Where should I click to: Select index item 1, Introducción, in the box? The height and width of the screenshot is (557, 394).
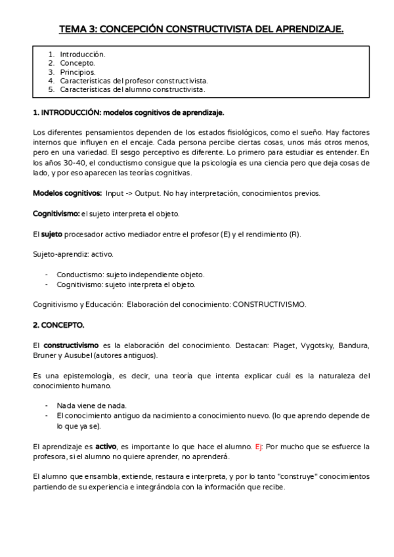coord(83,55)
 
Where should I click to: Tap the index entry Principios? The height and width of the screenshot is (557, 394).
coord(77,72)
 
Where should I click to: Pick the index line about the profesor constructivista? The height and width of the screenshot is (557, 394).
coord(134,80)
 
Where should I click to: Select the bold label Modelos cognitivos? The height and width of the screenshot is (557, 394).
coord(67,194)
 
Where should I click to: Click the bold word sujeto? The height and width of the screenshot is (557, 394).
coord(52,234)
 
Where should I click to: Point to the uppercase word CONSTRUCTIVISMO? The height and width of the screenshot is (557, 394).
coord(269,304)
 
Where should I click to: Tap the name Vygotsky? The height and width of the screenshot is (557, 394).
coord(318,345)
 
